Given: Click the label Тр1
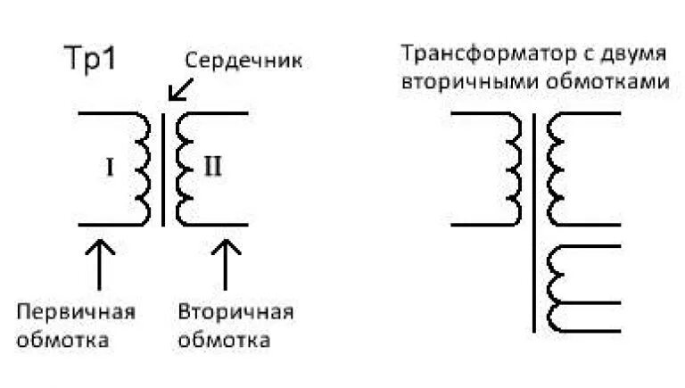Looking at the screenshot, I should tap(91, 60).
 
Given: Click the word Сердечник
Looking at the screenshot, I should tap(243, 62).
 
